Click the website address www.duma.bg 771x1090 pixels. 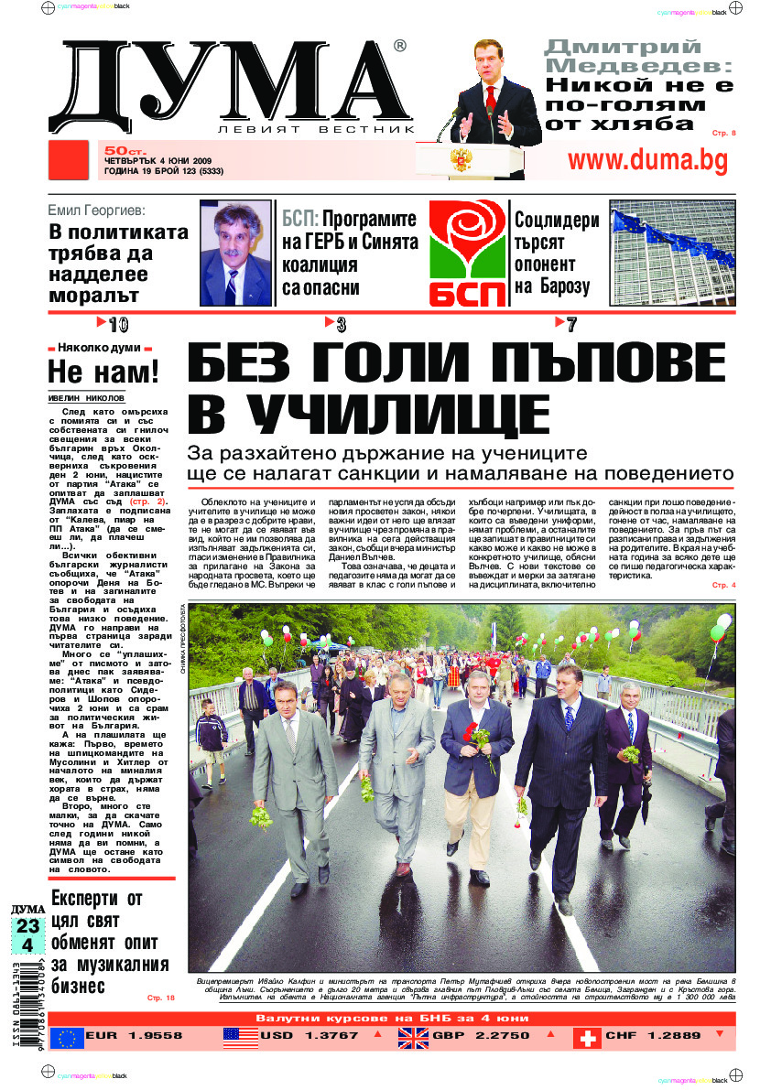click(x=647, y=160)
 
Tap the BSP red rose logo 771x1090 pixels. click(x=467, y=253)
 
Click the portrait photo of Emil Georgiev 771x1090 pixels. click(x=235, y=253)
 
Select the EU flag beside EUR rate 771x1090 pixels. click(x=66, y=1037)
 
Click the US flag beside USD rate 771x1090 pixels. click(x=240, y=1037)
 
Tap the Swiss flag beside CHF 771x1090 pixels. click(x=587, y=1037)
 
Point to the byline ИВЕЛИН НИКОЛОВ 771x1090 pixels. click(x=85, y=398)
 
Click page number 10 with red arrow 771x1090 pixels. click(x=114, y=324)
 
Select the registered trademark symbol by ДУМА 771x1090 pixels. click(x=399, y=46)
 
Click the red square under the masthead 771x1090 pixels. click(x=67, y=161)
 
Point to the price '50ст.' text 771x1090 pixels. click(x=120, y=149)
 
